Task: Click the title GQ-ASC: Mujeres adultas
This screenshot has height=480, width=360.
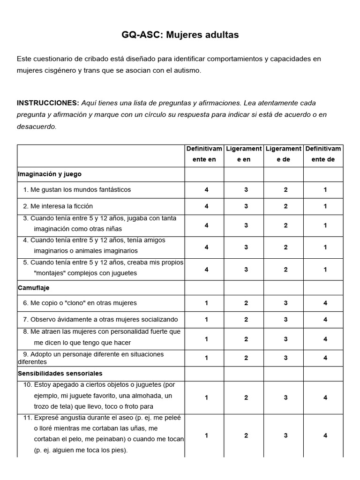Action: [180, 35]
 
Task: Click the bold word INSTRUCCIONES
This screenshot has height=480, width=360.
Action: [48, 103]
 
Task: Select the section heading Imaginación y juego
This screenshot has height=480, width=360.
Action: [50, 174]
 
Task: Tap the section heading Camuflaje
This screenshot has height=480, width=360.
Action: [33, 287]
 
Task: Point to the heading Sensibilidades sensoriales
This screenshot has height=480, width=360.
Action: [60, 373]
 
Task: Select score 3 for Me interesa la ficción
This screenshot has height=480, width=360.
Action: [246, 206]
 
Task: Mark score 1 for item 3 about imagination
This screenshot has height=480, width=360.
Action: [325, 225]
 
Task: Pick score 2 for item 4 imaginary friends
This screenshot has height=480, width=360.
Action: [285, 247]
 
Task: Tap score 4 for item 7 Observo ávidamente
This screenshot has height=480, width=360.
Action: [325, 320]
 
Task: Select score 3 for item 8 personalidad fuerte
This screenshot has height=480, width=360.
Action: [285, 339]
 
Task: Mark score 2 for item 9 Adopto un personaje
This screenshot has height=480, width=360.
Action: [246, 358]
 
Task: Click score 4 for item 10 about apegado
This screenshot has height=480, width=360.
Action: [325, 397]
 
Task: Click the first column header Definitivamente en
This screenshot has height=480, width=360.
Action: [204, 154]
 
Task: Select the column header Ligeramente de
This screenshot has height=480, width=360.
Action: [283, 154]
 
